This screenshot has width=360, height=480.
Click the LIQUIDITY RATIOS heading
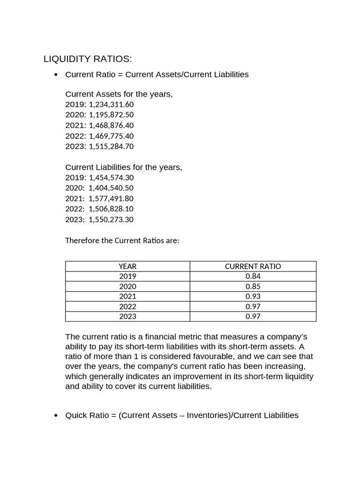pos(88,59)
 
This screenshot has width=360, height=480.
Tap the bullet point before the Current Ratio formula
pos(56,75)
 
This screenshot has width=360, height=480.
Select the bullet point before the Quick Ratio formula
pos(56,416)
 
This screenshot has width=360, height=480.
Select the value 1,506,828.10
pos(111,209)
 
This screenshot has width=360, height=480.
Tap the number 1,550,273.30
pos(111,219)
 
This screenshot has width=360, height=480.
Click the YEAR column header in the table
pos(127,266)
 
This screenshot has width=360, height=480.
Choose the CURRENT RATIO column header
pos(253,266)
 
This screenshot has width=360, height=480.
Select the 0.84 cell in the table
pos(253,276)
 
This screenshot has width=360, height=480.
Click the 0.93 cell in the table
pos(253,296)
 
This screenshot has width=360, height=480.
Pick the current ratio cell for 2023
pos(253,316)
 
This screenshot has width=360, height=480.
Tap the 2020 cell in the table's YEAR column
pos(127,286)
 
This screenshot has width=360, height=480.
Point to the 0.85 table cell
pos(253,286)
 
